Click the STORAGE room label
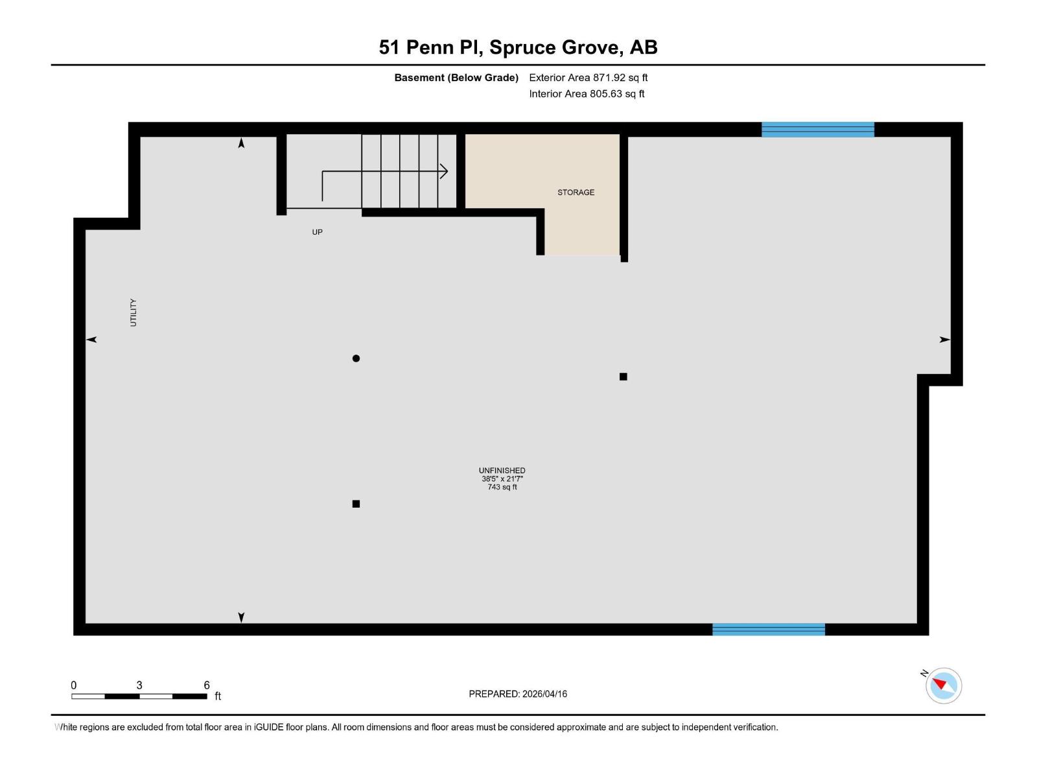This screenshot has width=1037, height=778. coord(576,193)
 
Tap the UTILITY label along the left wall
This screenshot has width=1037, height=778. coord(134,312)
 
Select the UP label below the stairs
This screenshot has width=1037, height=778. coord(317,232)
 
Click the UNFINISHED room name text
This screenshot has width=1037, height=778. coord(502,471)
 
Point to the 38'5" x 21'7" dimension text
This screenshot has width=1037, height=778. coord(502,479)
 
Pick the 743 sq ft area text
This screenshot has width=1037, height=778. coord(502,487)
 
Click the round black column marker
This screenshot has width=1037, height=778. coord(356,359)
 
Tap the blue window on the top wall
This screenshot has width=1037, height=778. coord(817,130)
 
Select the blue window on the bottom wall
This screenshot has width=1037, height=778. coord(768,629)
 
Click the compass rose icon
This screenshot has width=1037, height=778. coord(943,685)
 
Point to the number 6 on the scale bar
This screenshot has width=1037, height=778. coord(207,685)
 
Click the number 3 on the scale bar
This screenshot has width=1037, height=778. coord(139,685)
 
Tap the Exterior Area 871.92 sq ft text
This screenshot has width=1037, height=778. coord(588,78)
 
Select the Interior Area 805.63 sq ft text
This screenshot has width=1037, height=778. coord(587,94)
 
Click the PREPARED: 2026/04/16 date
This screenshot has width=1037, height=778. coord(518,694)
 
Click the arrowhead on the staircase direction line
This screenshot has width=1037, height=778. coord(445,171)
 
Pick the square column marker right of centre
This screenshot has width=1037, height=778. coord(623,377)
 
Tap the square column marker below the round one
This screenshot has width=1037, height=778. coord(356,504)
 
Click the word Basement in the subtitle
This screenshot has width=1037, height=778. coord(419,78)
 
